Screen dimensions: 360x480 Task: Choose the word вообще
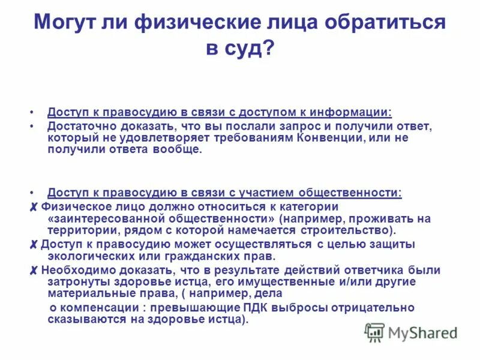[183, 149]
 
